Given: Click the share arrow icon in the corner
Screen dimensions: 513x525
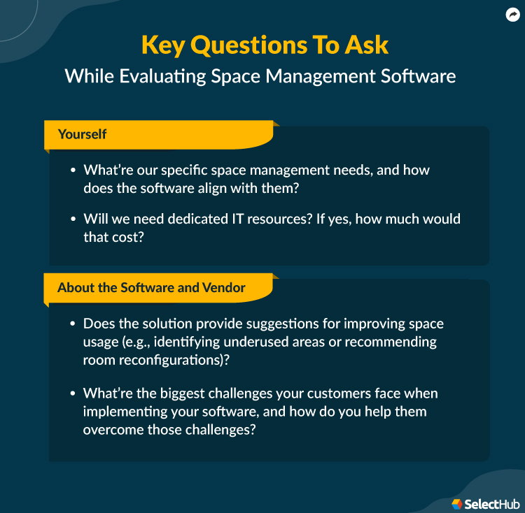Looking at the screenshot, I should (x=512, y=14).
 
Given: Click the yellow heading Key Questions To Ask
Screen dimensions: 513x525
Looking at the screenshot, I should (x=265, y=45).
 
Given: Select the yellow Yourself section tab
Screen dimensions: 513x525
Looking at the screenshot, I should (x=83, y=134).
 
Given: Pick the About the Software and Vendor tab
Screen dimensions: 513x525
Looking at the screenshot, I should (x=151, y=288).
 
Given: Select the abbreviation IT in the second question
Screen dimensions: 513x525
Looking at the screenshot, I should (x=230, y=219).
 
